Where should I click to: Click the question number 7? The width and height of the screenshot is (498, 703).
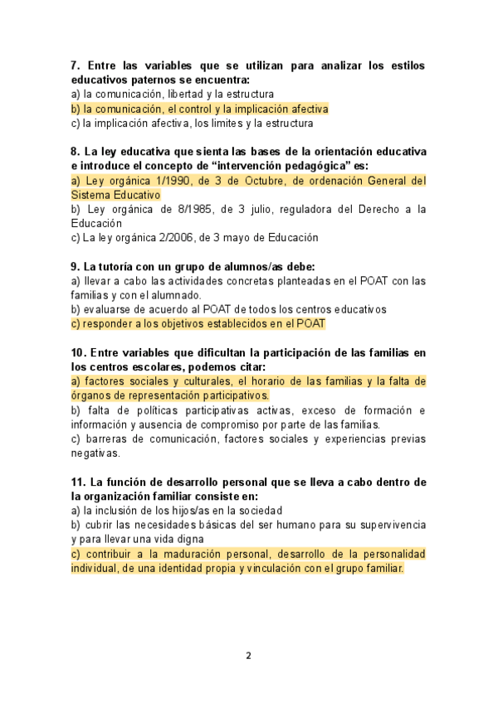[76, 65]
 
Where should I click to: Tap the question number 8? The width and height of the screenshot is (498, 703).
[76, 152]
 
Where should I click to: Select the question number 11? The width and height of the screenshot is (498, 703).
[78, 482]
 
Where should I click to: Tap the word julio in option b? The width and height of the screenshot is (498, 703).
[238, 209]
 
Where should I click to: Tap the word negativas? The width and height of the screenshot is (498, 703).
[95, 453]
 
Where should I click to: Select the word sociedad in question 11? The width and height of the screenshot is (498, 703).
[259, 511]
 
